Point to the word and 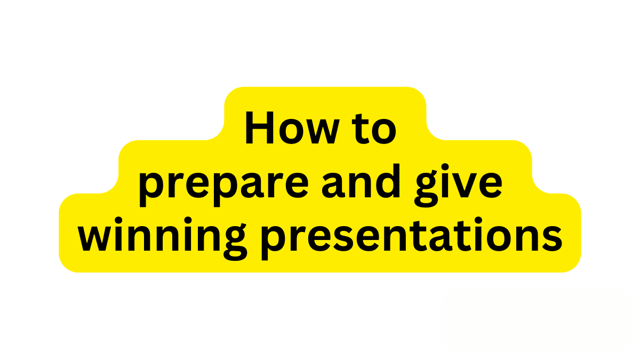tap(361, 181)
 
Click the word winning tap(162, 238)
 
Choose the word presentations tap(412, 238)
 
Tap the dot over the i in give tap(445, 167)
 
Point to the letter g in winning tap(235, 243)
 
